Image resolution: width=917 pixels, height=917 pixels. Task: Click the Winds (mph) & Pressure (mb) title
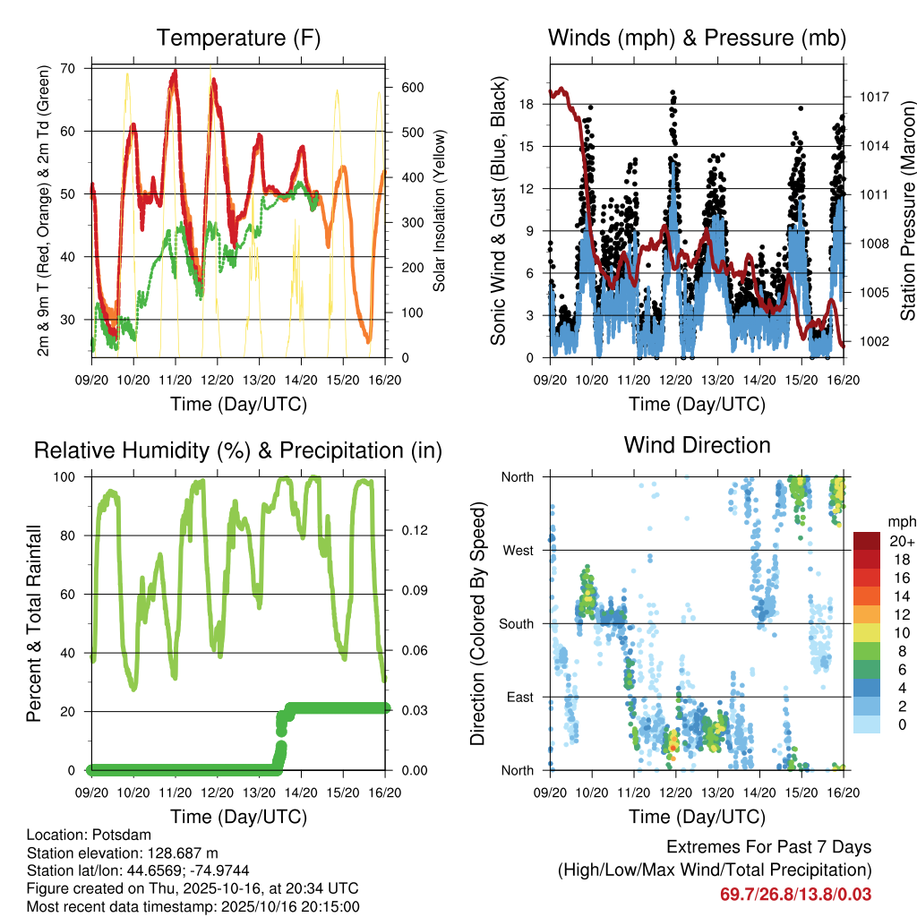pos(697,38)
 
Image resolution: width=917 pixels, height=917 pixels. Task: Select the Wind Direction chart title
pos(697,444)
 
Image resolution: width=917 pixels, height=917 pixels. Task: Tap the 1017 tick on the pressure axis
pos(873,97)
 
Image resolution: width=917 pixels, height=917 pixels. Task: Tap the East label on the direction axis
pos(520,697)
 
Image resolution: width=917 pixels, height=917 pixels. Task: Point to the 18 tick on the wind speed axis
pos(526,104)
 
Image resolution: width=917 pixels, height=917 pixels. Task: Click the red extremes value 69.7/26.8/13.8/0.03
pos(796,894)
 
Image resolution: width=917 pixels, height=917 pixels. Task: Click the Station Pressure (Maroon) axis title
pos(907,210)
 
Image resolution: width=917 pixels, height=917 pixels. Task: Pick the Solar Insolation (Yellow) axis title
pos(439,210)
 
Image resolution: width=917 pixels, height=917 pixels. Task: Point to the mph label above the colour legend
pos(899,521)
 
